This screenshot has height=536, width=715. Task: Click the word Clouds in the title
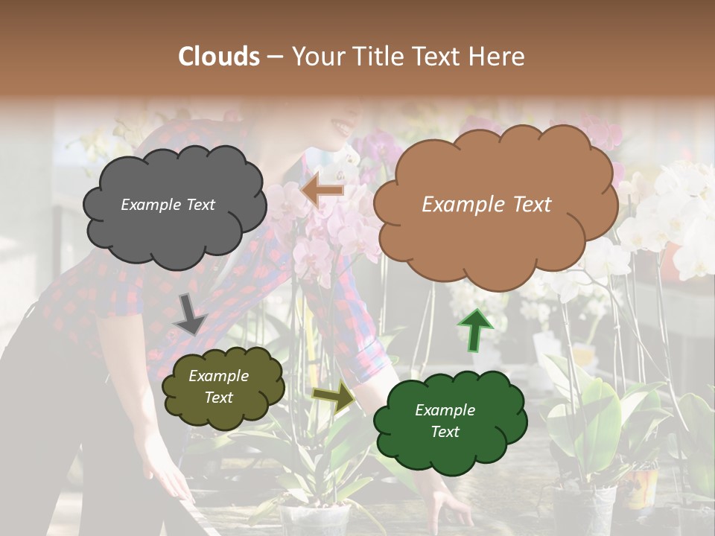219,57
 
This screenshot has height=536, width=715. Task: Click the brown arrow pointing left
322,191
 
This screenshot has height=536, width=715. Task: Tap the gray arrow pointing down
190,313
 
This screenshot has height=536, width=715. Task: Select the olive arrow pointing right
334,398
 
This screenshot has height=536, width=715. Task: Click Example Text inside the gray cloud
168,205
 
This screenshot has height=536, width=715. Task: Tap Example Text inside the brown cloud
486,205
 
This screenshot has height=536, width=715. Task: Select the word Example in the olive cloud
218,377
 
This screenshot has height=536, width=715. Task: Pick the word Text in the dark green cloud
445,432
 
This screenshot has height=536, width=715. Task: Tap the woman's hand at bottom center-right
447,506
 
